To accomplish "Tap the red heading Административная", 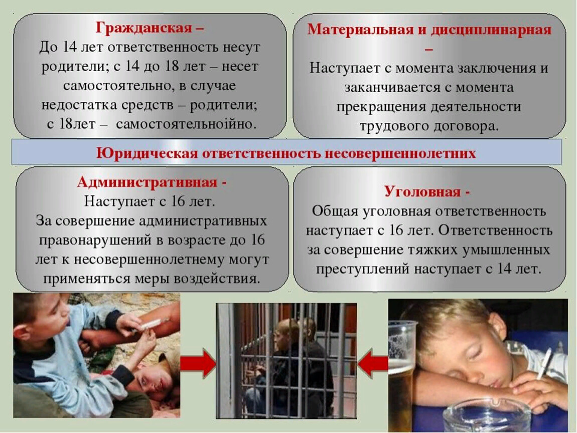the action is (x=147, y=182).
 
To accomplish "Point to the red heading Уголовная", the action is (x=422, y=192).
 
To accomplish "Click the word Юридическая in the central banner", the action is (x=147, y=153).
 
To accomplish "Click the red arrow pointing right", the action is (x=198, y=363).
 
